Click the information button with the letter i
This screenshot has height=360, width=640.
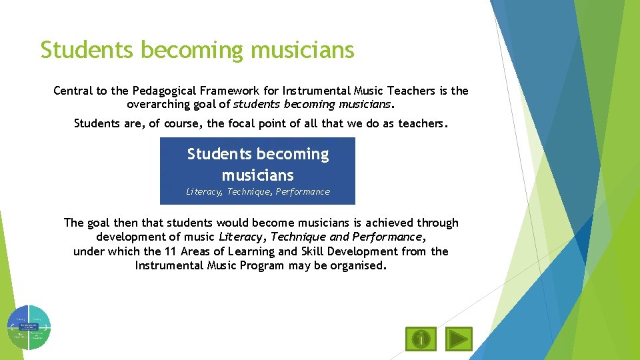point(421,339)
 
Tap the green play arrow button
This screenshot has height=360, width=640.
point(458,339)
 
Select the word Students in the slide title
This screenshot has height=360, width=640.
point(81,49)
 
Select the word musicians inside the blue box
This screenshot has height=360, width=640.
point(257,175)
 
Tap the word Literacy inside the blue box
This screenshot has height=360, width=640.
point(204,192)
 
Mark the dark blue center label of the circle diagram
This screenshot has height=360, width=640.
point(29,327)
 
